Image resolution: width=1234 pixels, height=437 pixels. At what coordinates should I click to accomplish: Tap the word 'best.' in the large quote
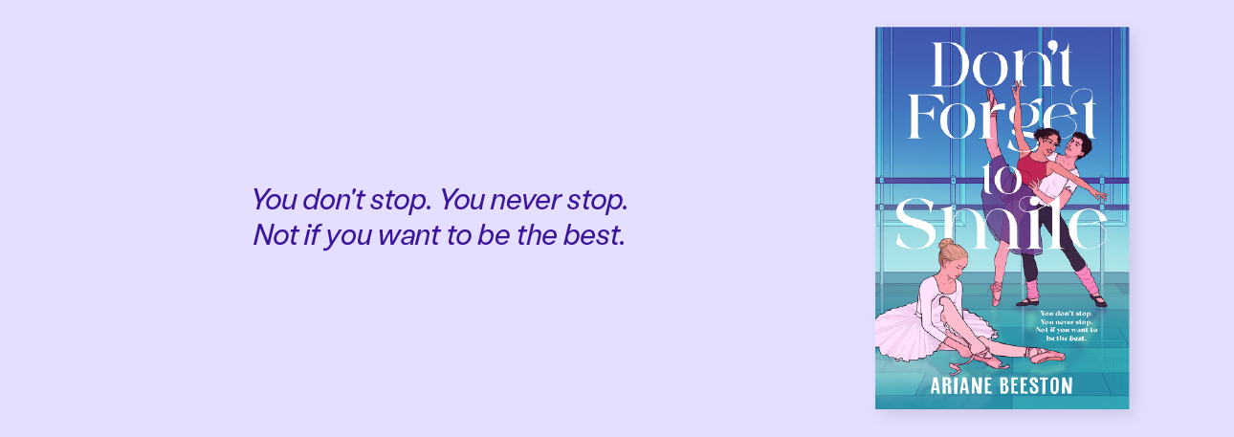coord(594,235)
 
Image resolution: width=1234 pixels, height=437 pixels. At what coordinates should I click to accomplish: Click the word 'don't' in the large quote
coord(333,199)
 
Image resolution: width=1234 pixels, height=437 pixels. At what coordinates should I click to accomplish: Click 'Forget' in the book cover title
coord(1002,117)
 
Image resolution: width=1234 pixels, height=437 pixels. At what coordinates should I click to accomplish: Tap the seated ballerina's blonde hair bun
coord(946,244)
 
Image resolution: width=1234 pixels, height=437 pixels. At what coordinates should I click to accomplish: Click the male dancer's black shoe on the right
coord(1097,300)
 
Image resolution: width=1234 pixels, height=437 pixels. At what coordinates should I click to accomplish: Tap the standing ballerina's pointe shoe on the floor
coord(996,293)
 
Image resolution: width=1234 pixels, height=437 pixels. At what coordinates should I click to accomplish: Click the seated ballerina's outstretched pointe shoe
coord(1045,354)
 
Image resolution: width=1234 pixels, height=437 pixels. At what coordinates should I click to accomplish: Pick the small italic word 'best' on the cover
coord(1077,339)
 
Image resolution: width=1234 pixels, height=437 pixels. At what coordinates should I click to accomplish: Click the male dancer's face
coord(1074,146)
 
